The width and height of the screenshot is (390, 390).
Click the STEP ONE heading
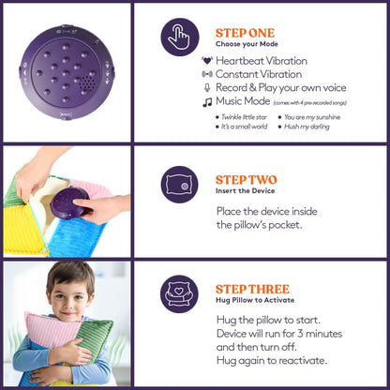(x=245, y=33)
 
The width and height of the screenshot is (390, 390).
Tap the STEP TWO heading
(x=246, y=180)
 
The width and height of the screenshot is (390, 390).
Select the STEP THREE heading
(x=252, y=290)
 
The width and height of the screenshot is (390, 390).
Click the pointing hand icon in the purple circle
(x=179, y=37)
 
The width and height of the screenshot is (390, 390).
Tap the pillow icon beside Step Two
(x=179, y=185)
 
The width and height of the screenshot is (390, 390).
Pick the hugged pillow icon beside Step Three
(x=179, y=294)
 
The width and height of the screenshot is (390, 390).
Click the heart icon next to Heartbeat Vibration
(x=207, y=61)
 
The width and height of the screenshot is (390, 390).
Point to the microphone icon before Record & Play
(x=207, y=87)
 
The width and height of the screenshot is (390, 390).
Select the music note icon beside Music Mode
(x=207, y=102)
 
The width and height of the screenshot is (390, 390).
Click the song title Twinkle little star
(x=244, y=117)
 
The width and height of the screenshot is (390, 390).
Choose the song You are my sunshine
(x=312, y=117)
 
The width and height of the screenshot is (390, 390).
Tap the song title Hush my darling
(x=307, y=127)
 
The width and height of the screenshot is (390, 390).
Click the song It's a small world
(x=244, y=127)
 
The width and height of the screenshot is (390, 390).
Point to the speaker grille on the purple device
(x=87, y=82)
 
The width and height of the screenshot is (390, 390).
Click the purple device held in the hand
(x=69, y=203)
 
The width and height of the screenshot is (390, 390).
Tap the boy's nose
(x=67, y=304)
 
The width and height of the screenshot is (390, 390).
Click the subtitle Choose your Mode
(x=247, y=44)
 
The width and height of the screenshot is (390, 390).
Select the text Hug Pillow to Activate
(x=255, y=300)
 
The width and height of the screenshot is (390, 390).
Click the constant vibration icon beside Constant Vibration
(x=207, y=74)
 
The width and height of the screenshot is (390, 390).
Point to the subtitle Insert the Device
(x=245, y=191)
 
